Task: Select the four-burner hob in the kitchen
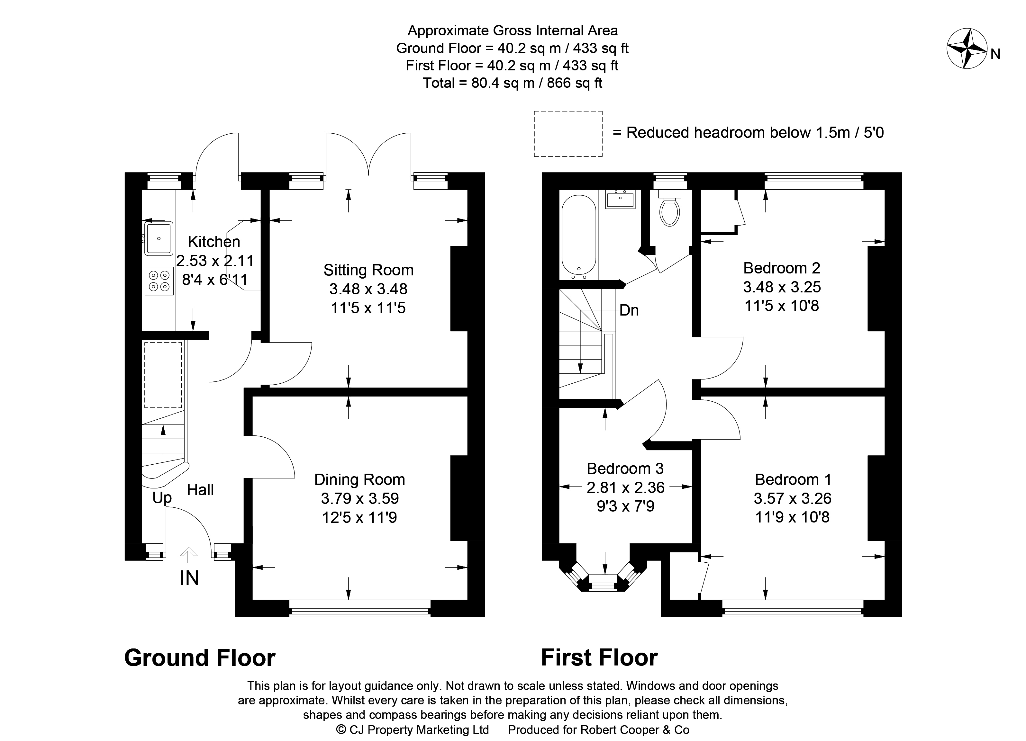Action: coord(159,281)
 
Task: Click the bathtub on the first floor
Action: coord(579,237)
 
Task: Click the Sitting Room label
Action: coord(368,270)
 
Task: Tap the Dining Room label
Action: coord(360,479)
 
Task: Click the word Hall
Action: coord(200,490)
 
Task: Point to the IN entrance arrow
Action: coord(189,555)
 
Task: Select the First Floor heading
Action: coord(599,658)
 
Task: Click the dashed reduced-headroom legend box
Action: coord(568,134)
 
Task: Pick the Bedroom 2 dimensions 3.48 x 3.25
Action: coord(782,287)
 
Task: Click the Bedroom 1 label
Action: coord(793,479)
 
